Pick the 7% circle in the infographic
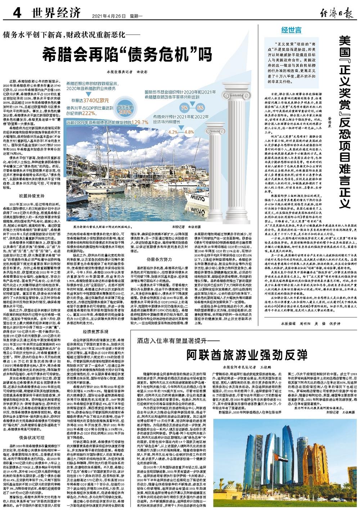coord(184,108)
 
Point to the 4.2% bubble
coord(173,132)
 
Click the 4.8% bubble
coord(189,132)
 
